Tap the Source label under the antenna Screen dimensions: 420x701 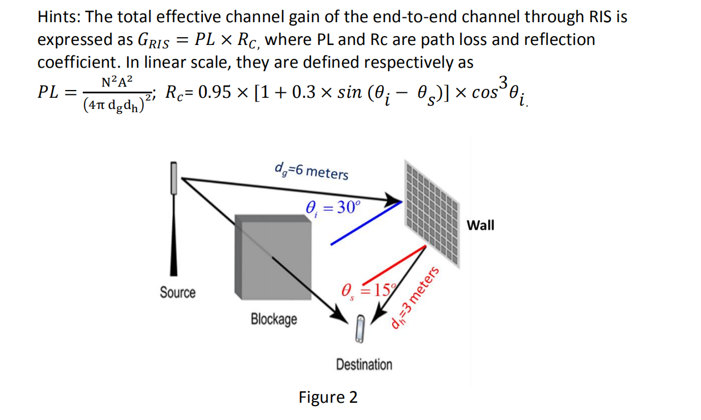click(x=178, y=292)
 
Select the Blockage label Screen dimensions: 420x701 click(x=274, y=319)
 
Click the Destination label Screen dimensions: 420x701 click(x=364, y=364)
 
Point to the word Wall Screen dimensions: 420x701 click(x=480, y=225)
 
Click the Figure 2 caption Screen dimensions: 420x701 click(x=328, y=397)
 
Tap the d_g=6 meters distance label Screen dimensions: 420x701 click(x=312, y=171)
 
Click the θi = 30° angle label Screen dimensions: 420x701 click(x=333, y=208)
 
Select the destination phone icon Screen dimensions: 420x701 click(x=360, y=328)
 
